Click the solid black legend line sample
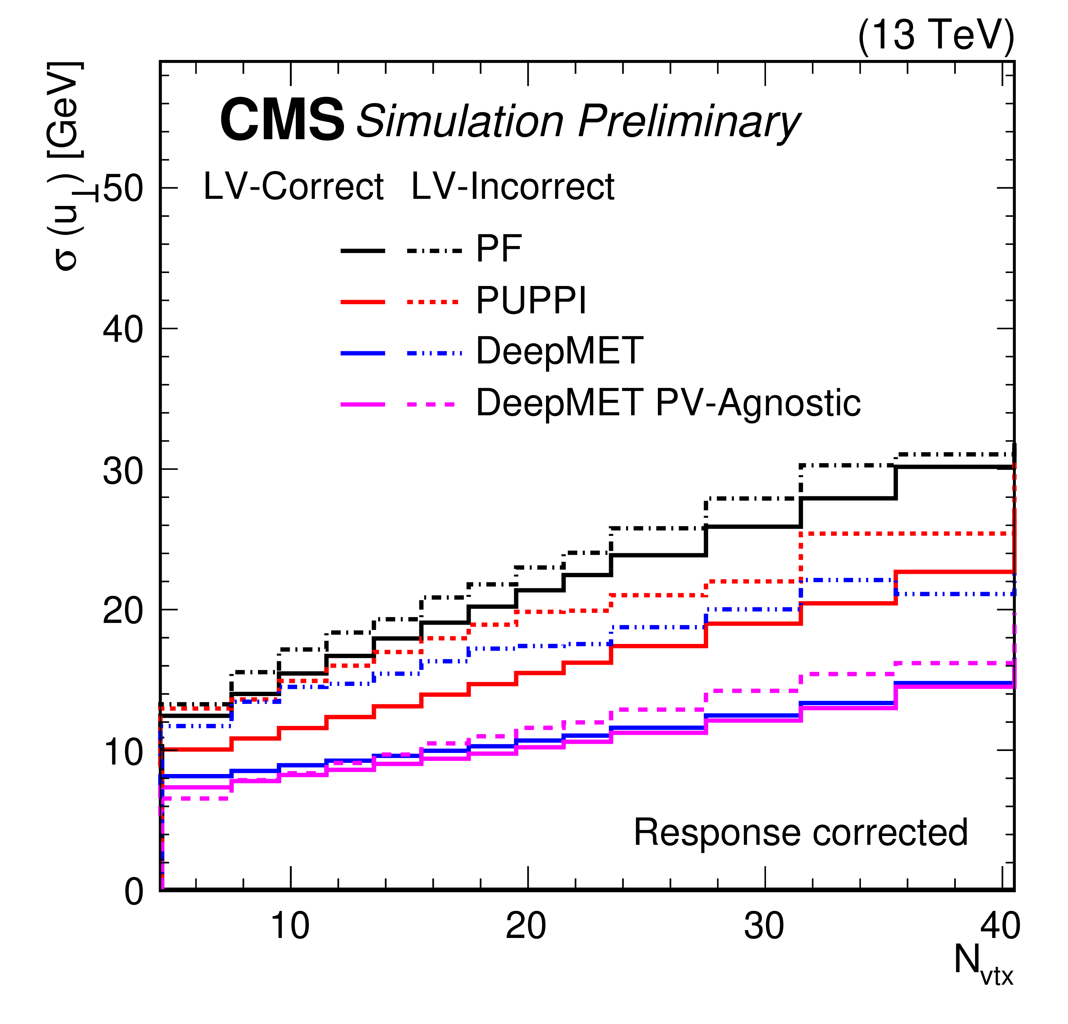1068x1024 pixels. coord(363,251)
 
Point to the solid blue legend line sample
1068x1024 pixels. coord(363,354)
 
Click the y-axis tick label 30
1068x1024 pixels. coord(123,470)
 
